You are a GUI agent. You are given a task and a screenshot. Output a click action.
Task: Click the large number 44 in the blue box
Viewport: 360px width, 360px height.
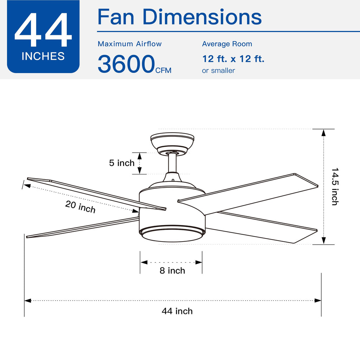pyautogui.click(x=43, y=30)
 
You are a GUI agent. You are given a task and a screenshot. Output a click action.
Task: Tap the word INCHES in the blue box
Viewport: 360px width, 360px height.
pyautogui.click(x=43, y=56)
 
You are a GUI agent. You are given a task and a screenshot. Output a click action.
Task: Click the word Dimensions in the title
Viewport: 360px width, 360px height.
pyautogui.click(x=202, y=17)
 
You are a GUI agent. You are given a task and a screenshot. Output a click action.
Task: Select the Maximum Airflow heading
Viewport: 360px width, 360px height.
pyautogui.click(x=130, y=44)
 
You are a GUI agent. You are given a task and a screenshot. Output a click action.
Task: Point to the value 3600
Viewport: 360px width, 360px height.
pyautogui.click(x=127, y=64)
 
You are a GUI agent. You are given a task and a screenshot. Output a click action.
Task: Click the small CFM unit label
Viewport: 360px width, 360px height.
pyautogui.click(x=163, y=70)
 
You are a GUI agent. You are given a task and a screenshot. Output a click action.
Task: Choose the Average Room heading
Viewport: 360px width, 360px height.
pyautogui.click(x=227, y=44)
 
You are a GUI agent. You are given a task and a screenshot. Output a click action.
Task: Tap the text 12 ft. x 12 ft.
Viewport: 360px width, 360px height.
pyautogui.click(x=233, y=59)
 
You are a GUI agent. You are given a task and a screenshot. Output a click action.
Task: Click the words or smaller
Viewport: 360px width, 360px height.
pyautogui.click(x=218, y=70)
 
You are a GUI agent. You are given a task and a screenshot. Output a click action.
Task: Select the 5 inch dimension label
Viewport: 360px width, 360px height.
pyautogui.click(x=122, y=163)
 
